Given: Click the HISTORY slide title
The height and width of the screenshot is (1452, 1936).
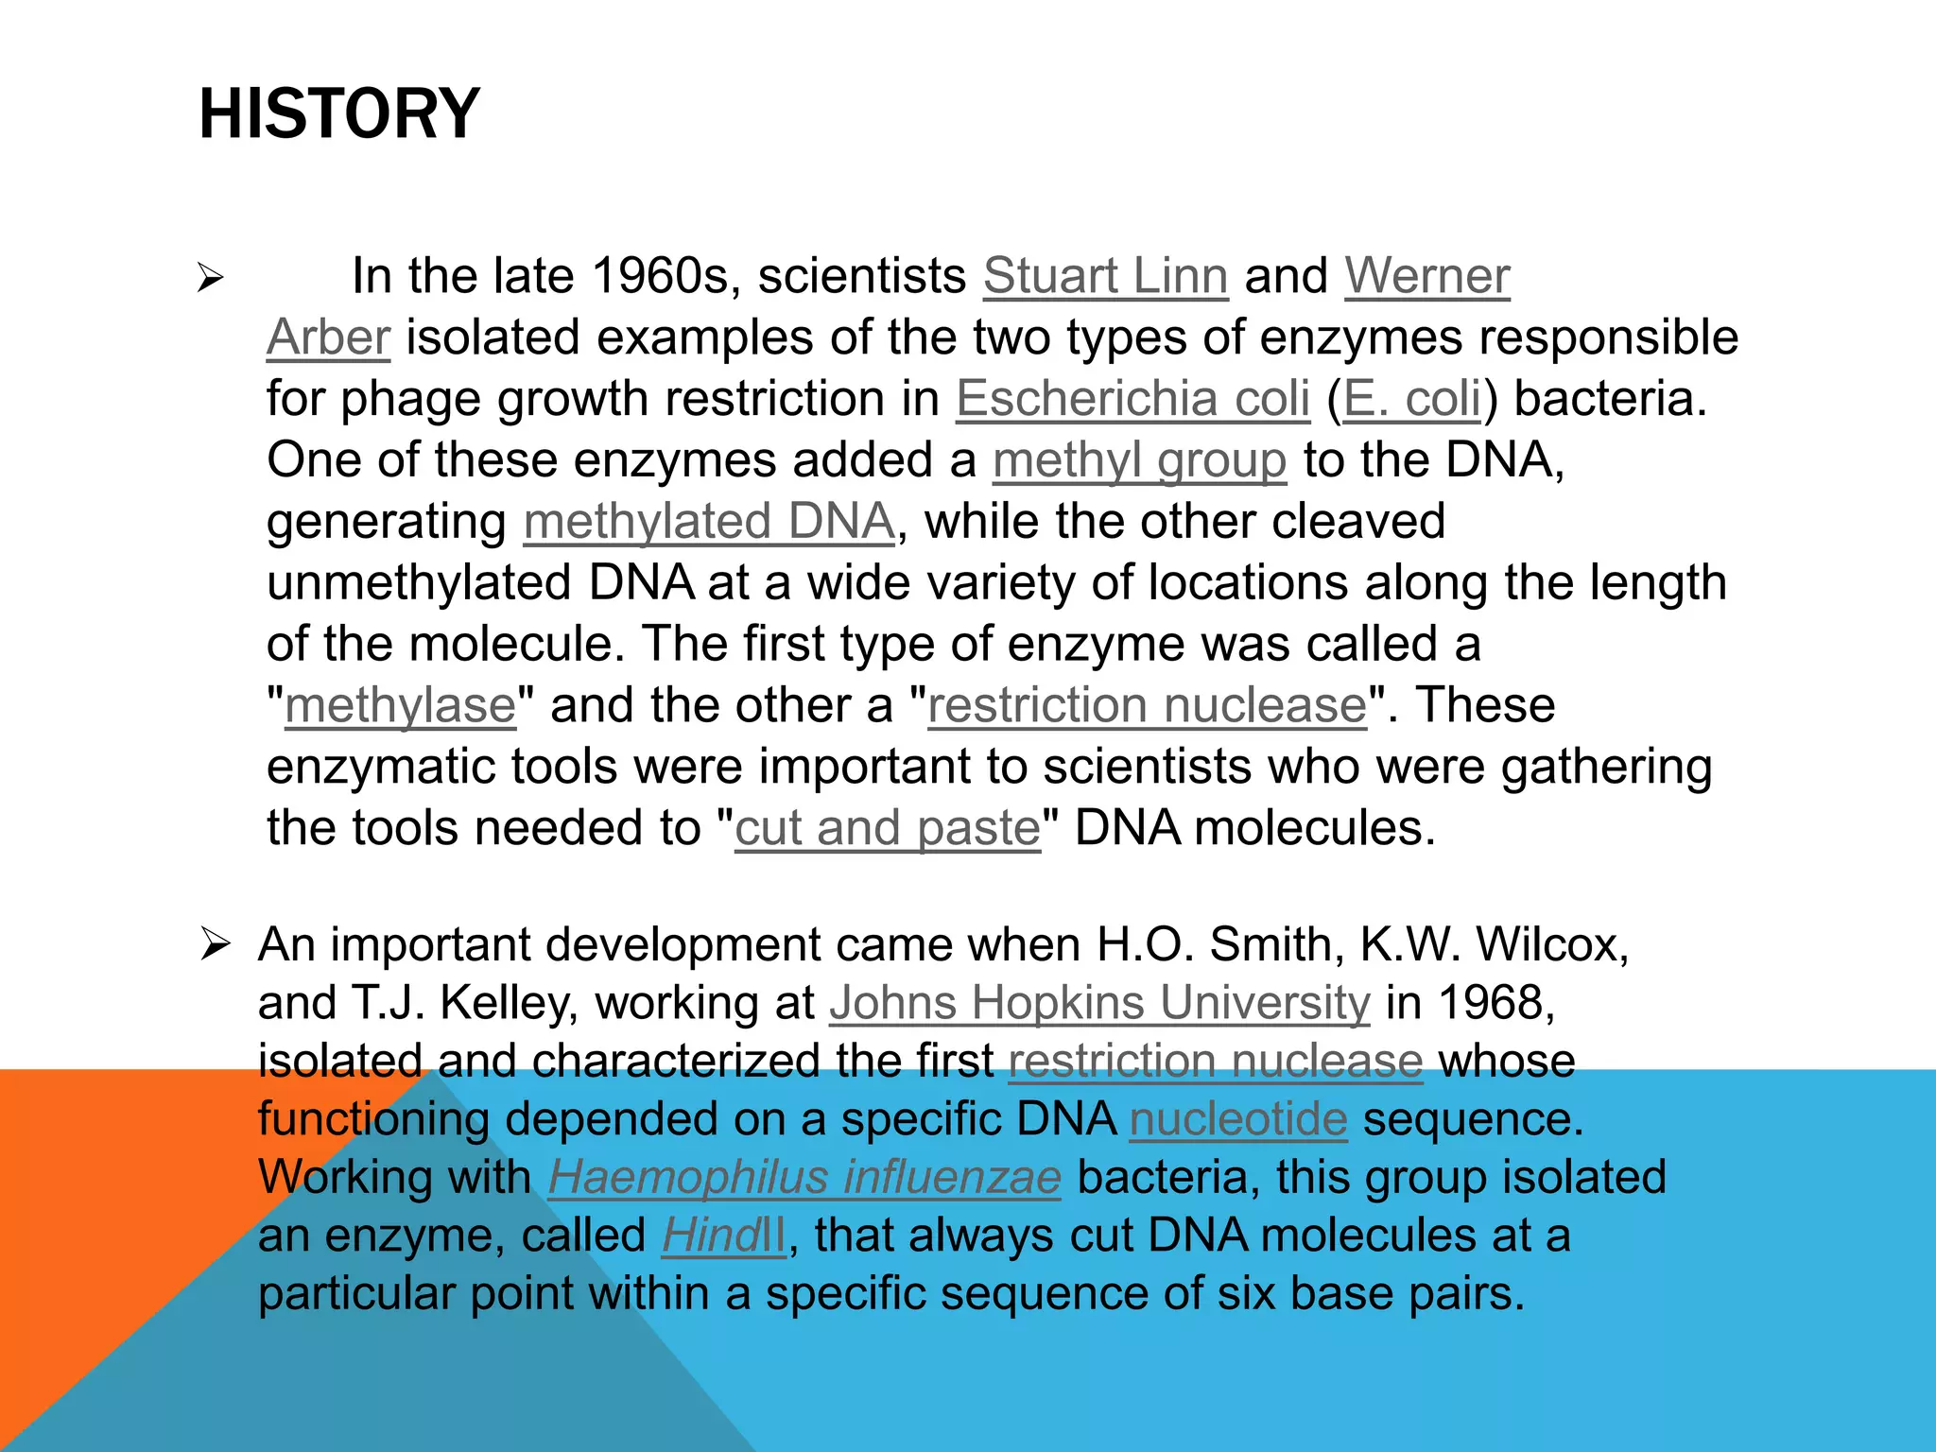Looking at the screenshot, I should pos(339,113).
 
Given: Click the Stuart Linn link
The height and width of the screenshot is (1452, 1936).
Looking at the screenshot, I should pos(1105,276).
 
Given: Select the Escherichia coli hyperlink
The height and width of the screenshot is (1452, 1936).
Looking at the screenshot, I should pos(1132,399).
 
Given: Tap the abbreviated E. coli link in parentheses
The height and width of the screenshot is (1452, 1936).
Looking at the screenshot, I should pos(1412,399).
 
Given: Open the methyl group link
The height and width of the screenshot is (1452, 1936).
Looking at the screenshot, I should pos(1139,461).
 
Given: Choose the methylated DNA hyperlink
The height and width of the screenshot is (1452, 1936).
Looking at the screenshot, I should pos(708,522).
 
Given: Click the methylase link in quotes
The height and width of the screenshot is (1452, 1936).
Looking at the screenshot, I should pos(401,706).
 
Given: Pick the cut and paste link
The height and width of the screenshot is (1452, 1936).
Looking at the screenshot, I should pos(888,829).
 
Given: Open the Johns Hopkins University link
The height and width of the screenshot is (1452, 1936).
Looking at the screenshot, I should pos(1099,1003).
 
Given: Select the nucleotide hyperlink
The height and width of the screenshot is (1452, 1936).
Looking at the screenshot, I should pos(1237,1120).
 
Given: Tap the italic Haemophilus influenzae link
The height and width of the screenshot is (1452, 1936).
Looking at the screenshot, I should pos(804,1178).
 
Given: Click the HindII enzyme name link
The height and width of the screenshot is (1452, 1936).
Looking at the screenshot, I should pos(723,1236).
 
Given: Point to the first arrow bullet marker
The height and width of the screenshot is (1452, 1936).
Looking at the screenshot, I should pos(211,279).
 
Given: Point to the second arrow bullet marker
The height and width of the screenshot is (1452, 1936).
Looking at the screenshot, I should pos(215,944).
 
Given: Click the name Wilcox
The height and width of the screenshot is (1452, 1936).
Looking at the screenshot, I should pos(1551,944).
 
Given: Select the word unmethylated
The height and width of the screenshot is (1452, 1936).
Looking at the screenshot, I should pos(418,583).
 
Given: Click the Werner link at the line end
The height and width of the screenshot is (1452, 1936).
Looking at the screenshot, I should pos(1426,276).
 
